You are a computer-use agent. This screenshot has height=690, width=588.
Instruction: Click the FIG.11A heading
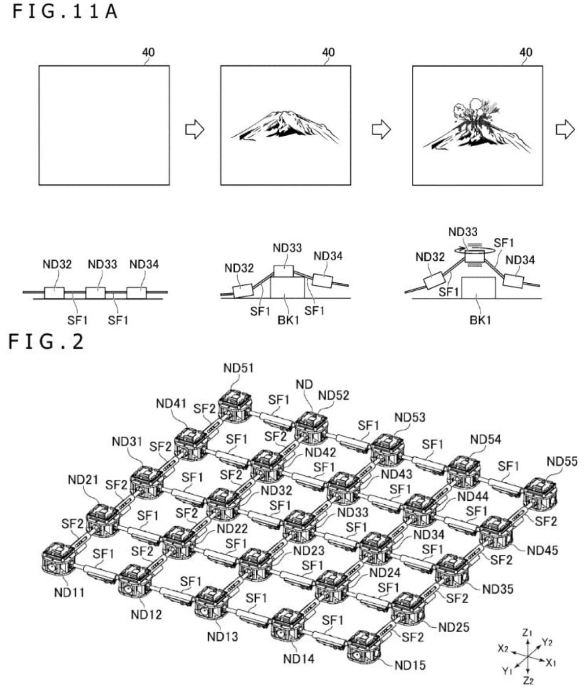point(65,12)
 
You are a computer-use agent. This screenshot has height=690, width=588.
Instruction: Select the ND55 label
point(562,461)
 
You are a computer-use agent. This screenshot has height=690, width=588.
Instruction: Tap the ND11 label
point(70,592)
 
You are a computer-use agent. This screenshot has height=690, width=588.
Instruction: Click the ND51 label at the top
point(238,368)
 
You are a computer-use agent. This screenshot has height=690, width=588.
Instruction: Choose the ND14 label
point(299,658)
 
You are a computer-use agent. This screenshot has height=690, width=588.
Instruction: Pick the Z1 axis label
point(527,633)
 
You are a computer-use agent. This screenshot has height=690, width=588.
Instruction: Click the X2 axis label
point(503,648)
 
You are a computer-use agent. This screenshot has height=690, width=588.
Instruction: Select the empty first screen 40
point(104,125)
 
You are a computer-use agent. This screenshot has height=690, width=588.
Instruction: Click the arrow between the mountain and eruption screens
point(381,129)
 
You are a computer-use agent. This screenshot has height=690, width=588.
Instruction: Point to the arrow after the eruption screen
point(565,129)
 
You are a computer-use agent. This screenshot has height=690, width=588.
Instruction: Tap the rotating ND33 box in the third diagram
point(474,255)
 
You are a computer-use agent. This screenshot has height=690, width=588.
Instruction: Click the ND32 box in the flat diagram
point(54,293)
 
